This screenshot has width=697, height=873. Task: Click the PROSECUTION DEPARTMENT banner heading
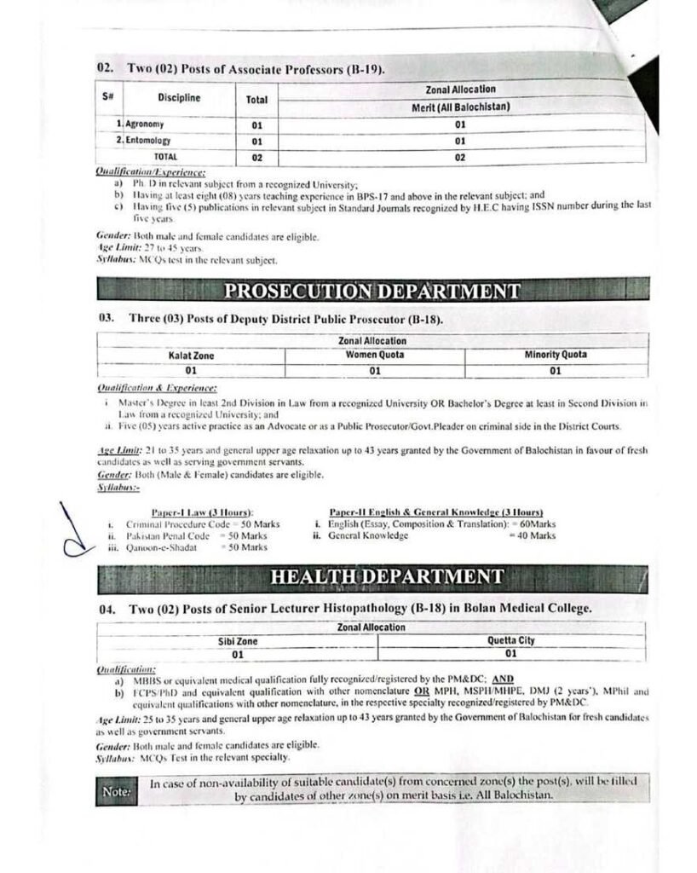(x=372, y=292)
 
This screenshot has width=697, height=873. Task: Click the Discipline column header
(x=179, y=97)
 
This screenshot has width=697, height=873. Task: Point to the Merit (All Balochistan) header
(x=459, y=107)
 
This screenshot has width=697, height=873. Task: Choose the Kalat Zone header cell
(x=191, y=356)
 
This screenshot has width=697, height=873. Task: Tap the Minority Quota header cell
(x=555, y=355)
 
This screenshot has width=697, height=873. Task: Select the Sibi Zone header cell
(x=238, y=641)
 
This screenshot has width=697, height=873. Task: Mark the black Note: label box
(x=116, y=792)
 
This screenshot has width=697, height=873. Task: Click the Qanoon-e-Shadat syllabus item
(x=161, y=548)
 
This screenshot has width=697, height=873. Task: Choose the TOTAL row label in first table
(x=165, y=157)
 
